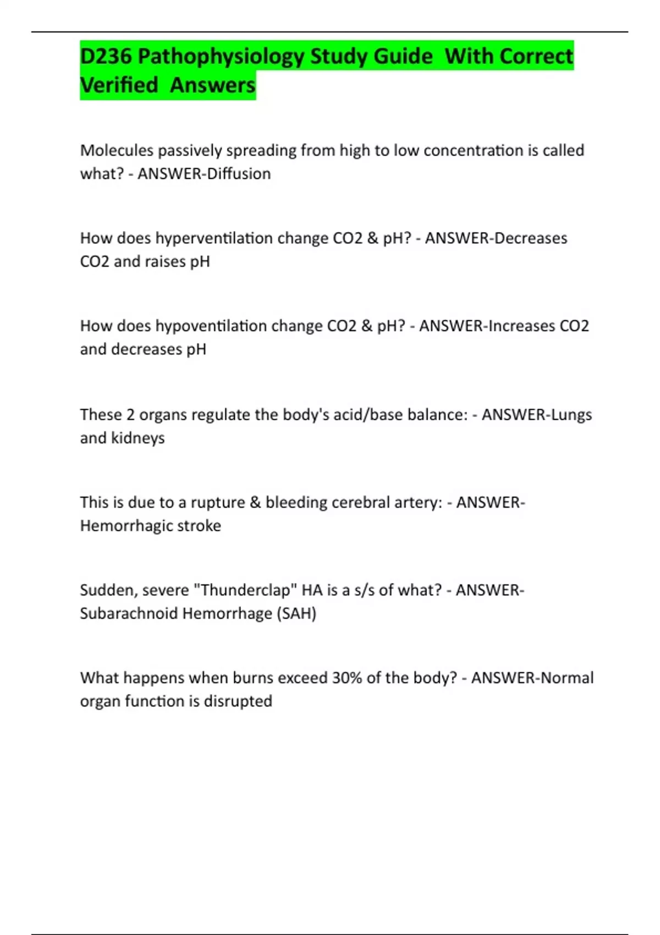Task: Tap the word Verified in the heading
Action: (119, 85)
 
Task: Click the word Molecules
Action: (116, 150)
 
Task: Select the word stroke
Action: (200, 526)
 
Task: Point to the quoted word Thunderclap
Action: (245, 590)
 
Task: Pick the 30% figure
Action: (346, 678)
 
